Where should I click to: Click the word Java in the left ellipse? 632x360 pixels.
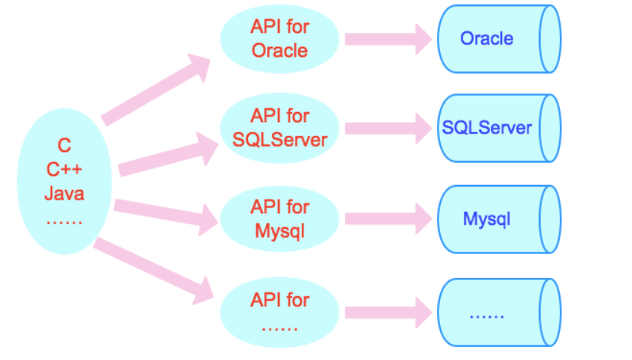click(64, 193)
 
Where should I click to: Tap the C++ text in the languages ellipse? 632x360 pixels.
click(64, 169)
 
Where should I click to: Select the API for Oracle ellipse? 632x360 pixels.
click(280, 38)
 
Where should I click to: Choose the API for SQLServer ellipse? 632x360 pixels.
click(280, 128)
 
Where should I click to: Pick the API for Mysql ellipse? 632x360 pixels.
click(280, 219)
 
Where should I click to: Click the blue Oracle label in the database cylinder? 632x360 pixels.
click(487, 38)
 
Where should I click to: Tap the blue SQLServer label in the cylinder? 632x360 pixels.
click(487, 127)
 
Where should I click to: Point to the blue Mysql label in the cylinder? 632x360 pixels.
click(487, 220)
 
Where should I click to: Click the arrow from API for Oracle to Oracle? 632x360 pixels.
click(388, 39)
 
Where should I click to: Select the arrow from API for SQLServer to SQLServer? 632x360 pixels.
click(388, 128)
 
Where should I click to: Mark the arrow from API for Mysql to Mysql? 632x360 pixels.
click(388, 219)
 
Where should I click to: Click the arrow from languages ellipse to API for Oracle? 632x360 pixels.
click(156, 89)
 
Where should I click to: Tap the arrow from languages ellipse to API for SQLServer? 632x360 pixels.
click(168, 154)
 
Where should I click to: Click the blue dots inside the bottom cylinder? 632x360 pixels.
click(487, 317)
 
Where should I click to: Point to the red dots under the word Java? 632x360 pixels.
click(64, 222)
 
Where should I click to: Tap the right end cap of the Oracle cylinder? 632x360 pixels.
click(550, 39)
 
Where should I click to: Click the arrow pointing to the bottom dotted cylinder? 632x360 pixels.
click(388, 313)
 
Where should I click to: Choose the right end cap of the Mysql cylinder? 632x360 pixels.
click(550, 220)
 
